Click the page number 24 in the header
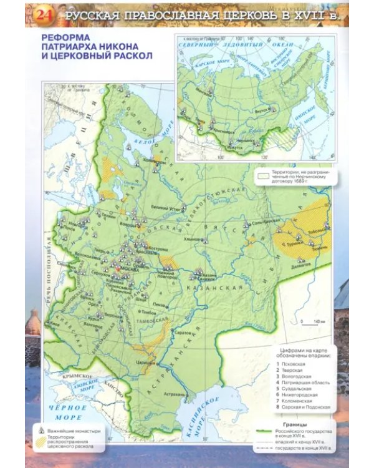[x=44, y=14]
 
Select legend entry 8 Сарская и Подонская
[x=309, y=408]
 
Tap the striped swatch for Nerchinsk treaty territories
[x=264, y=177]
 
